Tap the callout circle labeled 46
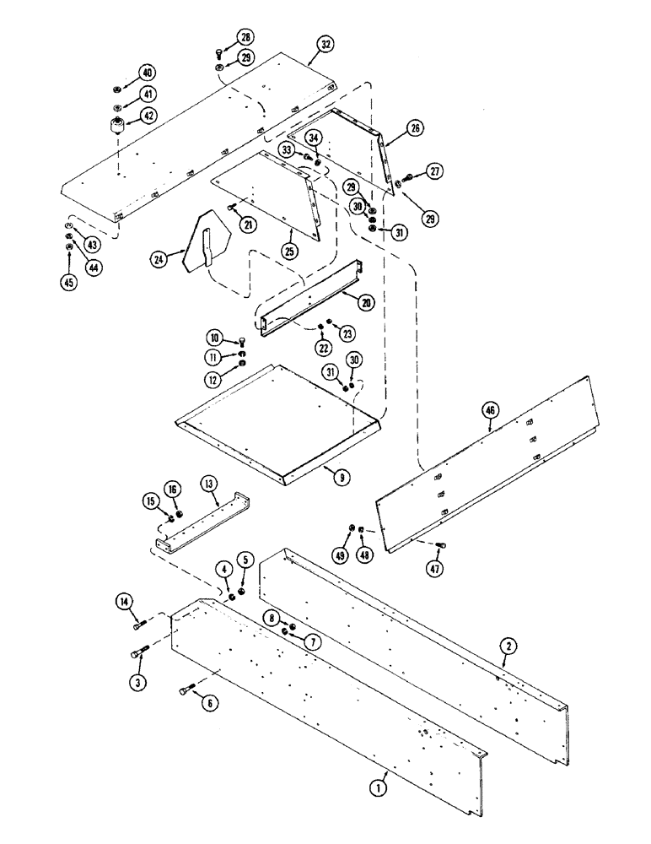point(492,410)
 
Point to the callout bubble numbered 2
point(508,647)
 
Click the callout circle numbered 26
point(415,128)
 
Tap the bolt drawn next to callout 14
point(139,625)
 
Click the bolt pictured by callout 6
point(185,691)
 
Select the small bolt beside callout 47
point(439,544)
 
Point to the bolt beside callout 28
point(218,51)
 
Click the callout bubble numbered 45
point(68,283)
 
